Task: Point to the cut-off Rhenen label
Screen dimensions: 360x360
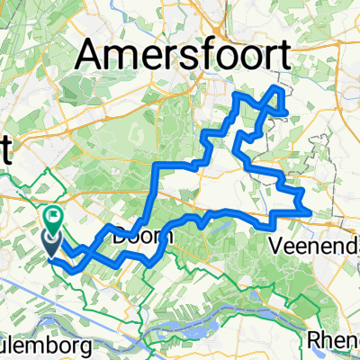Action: [333, 340]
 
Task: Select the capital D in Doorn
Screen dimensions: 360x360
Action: [122, 238]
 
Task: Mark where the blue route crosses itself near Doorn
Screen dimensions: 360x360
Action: [144, 222]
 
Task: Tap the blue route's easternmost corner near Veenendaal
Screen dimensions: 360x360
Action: [311, 211]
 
